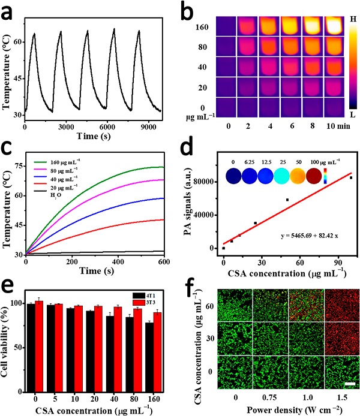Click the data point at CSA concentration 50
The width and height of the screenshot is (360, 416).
[287, 200]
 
